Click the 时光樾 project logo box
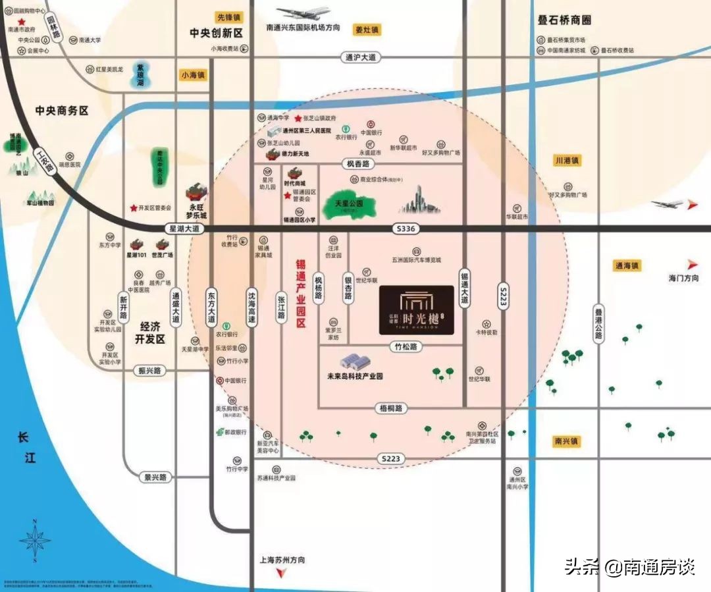pos(416,310)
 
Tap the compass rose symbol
pos(35,541)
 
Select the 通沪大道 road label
pos(361,58)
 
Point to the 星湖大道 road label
pos(184,228)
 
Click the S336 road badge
pos(404,229)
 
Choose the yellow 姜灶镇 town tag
pos(367,30)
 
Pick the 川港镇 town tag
pos(566,161)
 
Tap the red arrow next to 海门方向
pos(691,264)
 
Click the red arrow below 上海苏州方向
pos(281,574)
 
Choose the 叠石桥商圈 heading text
pos(564,20)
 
